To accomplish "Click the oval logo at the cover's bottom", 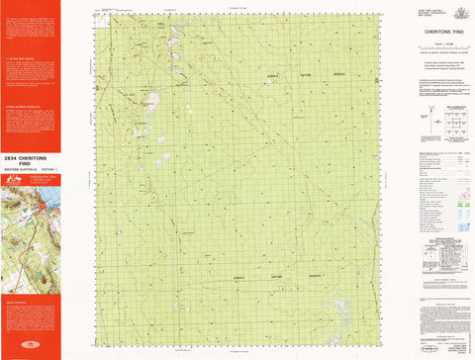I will pos(30,353).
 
